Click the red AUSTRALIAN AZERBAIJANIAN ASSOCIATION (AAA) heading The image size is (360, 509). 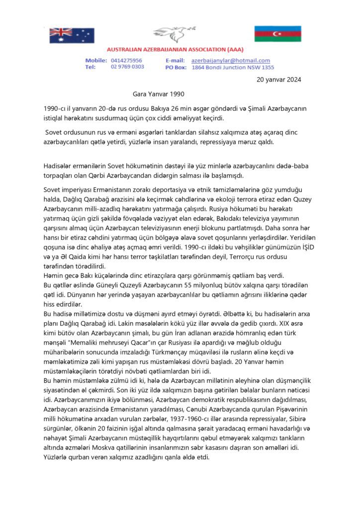(180, 51)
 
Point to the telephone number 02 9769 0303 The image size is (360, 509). (128, 67)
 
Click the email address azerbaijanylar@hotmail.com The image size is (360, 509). (231, 60)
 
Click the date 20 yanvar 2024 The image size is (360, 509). (279, 79)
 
